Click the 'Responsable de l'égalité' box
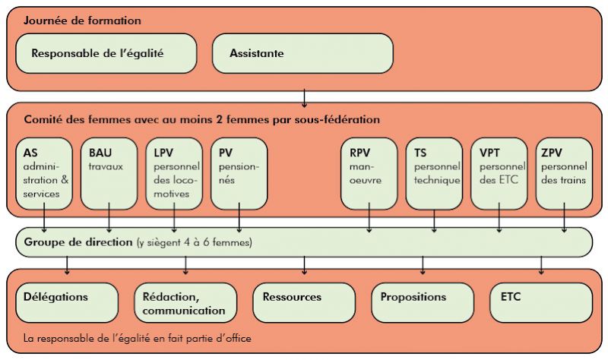pos(106,53)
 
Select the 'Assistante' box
pos(302,53)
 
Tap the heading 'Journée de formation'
pos(82,21)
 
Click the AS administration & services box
pos(44,174)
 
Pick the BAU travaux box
pos(109,174)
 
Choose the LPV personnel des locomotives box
pos(174,174)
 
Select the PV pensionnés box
pos(239,174)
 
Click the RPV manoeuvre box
pos(369,174)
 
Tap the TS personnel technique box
pos(434,174)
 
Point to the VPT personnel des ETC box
pos(499,174)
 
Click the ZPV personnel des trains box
pos(564,174)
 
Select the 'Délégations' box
pos(67,302)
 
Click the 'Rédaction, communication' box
pos(185,302)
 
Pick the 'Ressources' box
pos(304,302)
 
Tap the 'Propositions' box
pos(423,302)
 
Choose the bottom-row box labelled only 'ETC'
pos(541,302)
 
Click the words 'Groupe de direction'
pos(78,242)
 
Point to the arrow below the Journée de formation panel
pos(305,98)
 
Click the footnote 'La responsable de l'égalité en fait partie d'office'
pos(138,338)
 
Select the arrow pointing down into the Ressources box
pos(305,266)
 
